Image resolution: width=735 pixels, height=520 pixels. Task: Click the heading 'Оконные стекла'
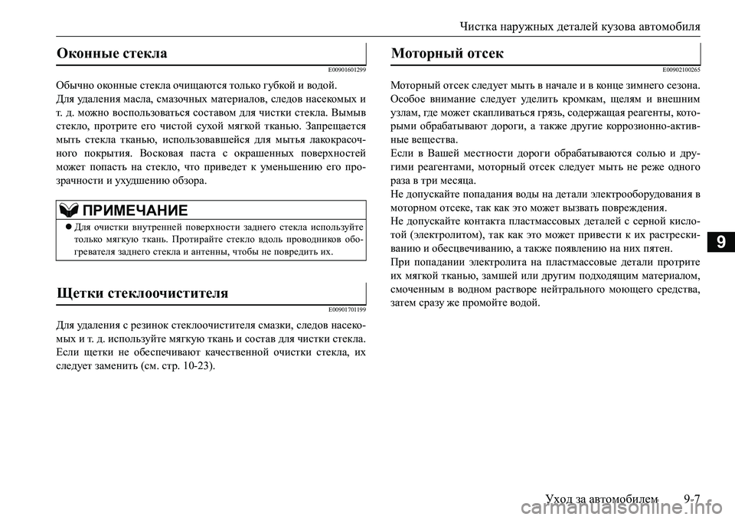[113, 54]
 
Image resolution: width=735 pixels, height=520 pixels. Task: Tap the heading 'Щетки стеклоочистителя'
[142, 293]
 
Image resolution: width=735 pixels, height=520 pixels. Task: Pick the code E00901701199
[345, 309]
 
